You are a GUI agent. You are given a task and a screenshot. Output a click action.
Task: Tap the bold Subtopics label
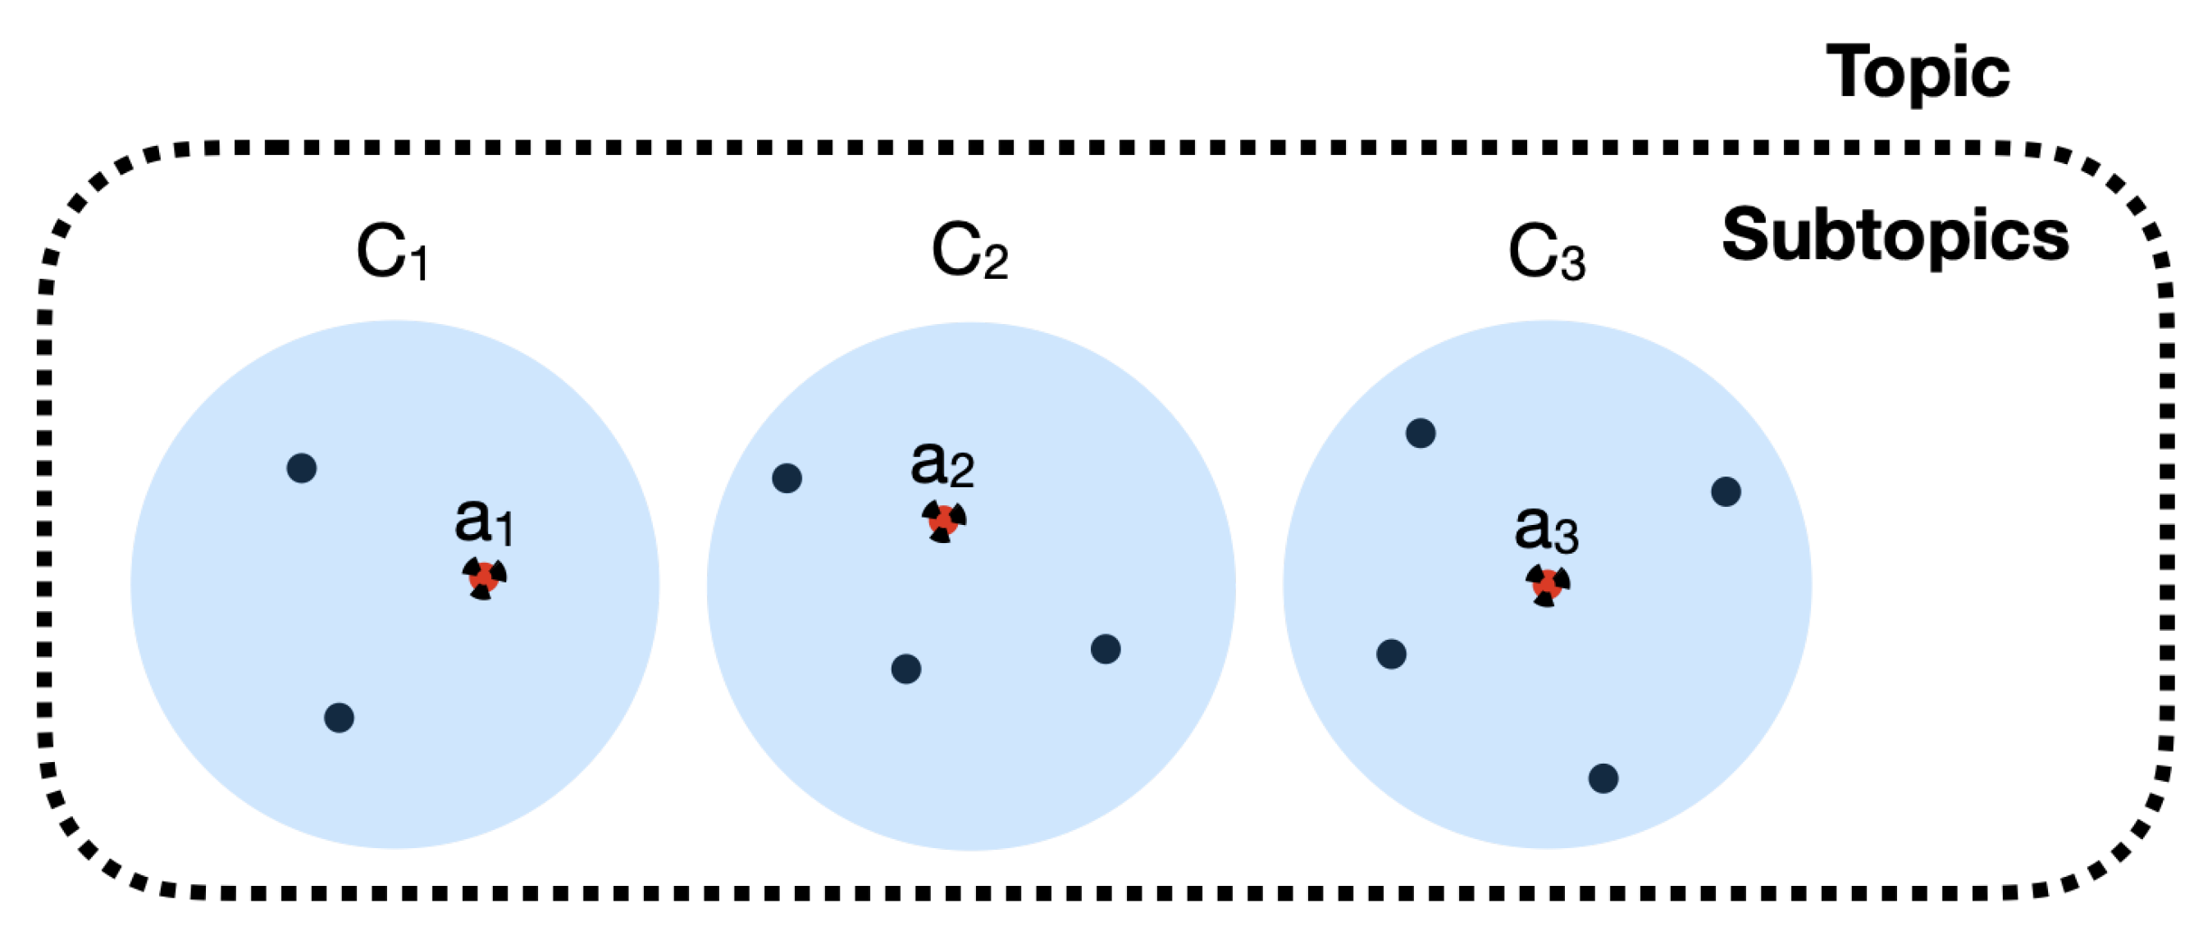click(1895, 236)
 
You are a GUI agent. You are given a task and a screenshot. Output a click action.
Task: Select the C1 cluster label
click(392, 253)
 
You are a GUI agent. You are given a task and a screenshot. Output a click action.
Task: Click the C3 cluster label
click(1546, 253)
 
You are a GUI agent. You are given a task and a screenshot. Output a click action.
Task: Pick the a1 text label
click(484, 522)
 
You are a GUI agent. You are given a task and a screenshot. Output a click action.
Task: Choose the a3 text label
click(1545, 530)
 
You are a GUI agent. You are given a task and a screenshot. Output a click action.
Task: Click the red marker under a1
click(484, 577)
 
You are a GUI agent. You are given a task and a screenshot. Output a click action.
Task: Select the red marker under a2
click(943, 520)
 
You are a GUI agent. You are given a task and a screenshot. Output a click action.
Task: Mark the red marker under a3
click(1547, 585)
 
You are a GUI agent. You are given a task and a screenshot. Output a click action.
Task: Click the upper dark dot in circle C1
click(302, 468)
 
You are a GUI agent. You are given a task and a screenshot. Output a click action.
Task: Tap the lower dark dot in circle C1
click(340, 718)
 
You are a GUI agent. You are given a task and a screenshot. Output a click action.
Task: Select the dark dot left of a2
click(787, 478)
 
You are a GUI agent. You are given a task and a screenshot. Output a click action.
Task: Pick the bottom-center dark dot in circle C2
click(906, 669)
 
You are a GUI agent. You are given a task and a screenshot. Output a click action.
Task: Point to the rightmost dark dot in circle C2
click(1106, 650)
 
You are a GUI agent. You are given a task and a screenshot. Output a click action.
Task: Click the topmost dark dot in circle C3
click(1421, 433)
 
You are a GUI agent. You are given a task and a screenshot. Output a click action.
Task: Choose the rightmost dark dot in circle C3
click(1726, 492)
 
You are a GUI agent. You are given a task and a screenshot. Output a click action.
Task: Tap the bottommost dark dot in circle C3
click(1603, 778)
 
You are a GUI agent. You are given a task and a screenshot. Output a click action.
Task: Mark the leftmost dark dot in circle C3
click(1391, 655)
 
